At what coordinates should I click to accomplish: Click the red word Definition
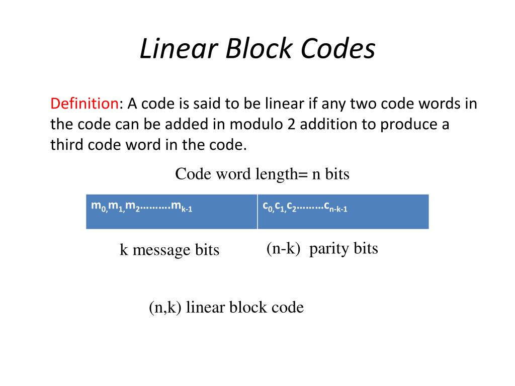pos(83,104)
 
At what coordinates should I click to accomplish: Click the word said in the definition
pos(208,104)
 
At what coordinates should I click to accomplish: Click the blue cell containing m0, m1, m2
pos(171,212)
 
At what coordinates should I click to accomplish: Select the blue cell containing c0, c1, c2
pos(343,212)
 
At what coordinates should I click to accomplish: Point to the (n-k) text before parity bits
pos(283,249)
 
